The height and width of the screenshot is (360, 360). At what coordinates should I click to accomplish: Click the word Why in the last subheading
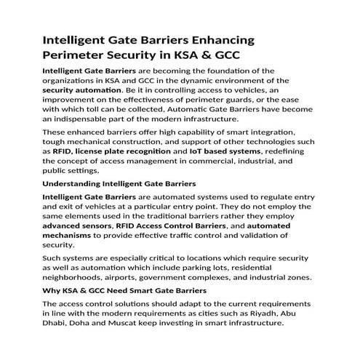[53, 291]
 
